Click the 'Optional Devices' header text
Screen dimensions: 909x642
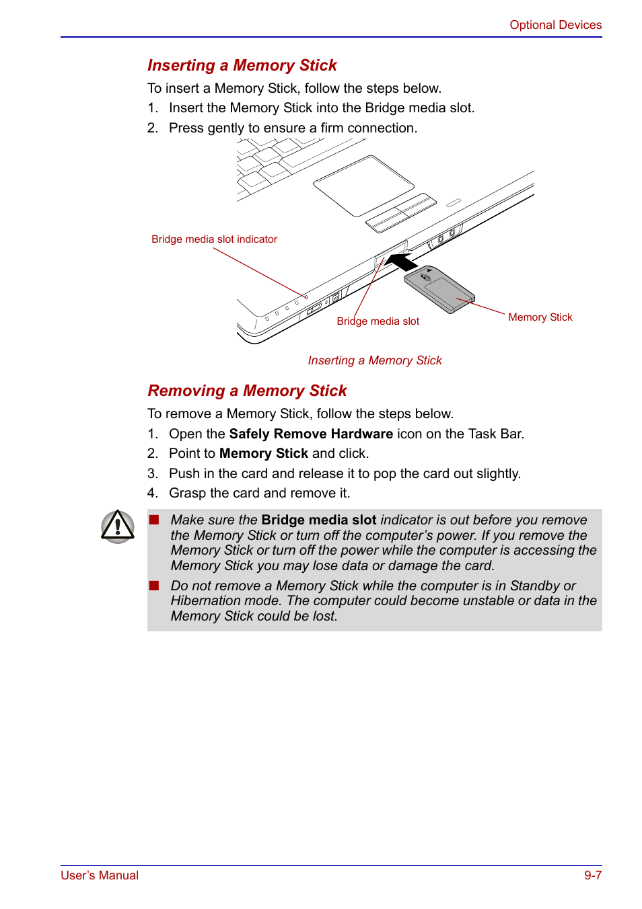click(555, 25)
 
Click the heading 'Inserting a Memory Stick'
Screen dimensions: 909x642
click(242, 65)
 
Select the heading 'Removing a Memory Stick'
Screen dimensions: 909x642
click(247, 391)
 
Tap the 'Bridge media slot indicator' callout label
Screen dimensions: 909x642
click(214, 239)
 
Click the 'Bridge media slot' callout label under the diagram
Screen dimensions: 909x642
click(378, 321)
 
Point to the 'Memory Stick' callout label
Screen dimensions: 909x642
click(540, 317)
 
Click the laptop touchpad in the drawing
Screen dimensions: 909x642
click(363, 185)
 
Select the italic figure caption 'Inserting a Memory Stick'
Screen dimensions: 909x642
click(375, 360)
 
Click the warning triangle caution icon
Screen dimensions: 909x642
click(118, 526)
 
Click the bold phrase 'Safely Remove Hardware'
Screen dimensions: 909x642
click(311, 434)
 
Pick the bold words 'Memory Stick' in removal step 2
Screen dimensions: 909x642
click(264, 453)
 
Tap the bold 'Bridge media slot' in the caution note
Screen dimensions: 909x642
click(318, 520)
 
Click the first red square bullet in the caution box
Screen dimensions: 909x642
click(154, 520)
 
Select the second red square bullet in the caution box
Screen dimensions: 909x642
click(154, 586)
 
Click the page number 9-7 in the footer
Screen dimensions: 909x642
click(592, 875)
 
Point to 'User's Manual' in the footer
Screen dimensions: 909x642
click(100, 875)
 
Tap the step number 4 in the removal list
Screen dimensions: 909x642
click(152, 493)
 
